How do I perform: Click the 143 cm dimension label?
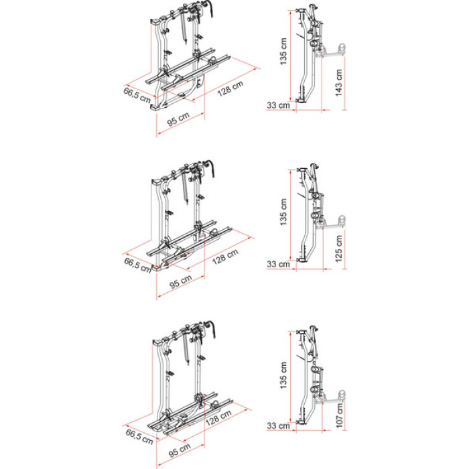(338, 83)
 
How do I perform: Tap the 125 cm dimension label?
(338, 249)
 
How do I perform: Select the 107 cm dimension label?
(339, 415)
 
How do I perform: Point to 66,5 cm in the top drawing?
(137, 95)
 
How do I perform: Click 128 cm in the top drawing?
(230, 89)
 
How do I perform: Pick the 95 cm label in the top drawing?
(178, 119)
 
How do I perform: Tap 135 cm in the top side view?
(283, 51)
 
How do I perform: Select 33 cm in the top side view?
(279, 105)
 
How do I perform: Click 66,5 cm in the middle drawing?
(137, 265)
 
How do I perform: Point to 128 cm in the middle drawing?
(225, 257)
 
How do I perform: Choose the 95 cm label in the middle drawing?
(181, 282)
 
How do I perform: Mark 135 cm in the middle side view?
(283, 212)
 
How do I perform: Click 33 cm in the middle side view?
(279, 265)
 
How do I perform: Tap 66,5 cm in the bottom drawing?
(139, 437)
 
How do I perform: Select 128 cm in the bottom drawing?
(218, 417)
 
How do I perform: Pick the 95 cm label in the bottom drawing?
(180, 450)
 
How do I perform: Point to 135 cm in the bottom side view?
(283, 375)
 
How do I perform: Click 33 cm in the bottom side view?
(279, 425)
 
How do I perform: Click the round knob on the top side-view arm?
(342, 49)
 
